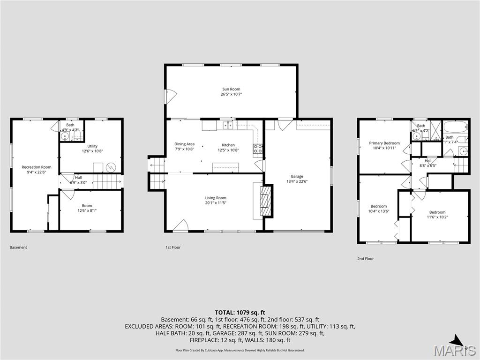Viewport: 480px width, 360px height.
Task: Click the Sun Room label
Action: [x=231, y=89]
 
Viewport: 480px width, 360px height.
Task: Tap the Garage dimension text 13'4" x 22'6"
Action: [x=297, y=181]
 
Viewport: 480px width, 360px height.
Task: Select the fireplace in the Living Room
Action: [x=266, y=201]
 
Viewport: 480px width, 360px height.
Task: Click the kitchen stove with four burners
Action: [x=258, y=149]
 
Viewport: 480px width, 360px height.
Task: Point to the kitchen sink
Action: [x=228, y=125]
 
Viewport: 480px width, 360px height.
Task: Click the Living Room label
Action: [x=216, y=198]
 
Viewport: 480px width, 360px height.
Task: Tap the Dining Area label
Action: [x=184, y=144]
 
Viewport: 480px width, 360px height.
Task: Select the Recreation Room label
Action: [x=36, y=167]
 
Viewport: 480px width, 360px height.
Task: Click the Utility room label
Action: [x=92, y=146]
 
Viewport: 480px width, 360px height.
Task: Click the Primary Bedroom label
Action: [x=384, y=143]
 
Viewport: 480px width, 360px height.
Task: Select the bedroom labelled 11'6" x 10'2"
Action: [x=437, y=215]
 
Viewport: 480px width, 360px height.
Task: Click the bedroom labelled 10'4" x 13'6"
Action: [x=379, y=209]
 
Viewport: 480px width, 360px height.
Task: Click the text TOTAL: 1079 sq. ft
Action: [x=240, y=312]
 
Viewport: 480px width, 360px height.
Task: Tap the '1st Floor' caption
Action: [x=172, y=247]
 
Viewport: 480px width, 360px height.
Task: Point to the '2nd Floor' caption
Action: [x=366, y=259]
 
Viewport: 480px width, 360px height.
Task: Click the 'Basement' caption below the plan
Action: [x=18, y=247]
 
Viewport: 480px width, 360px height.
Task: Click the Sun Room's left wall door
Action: [x=169, y=96]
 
